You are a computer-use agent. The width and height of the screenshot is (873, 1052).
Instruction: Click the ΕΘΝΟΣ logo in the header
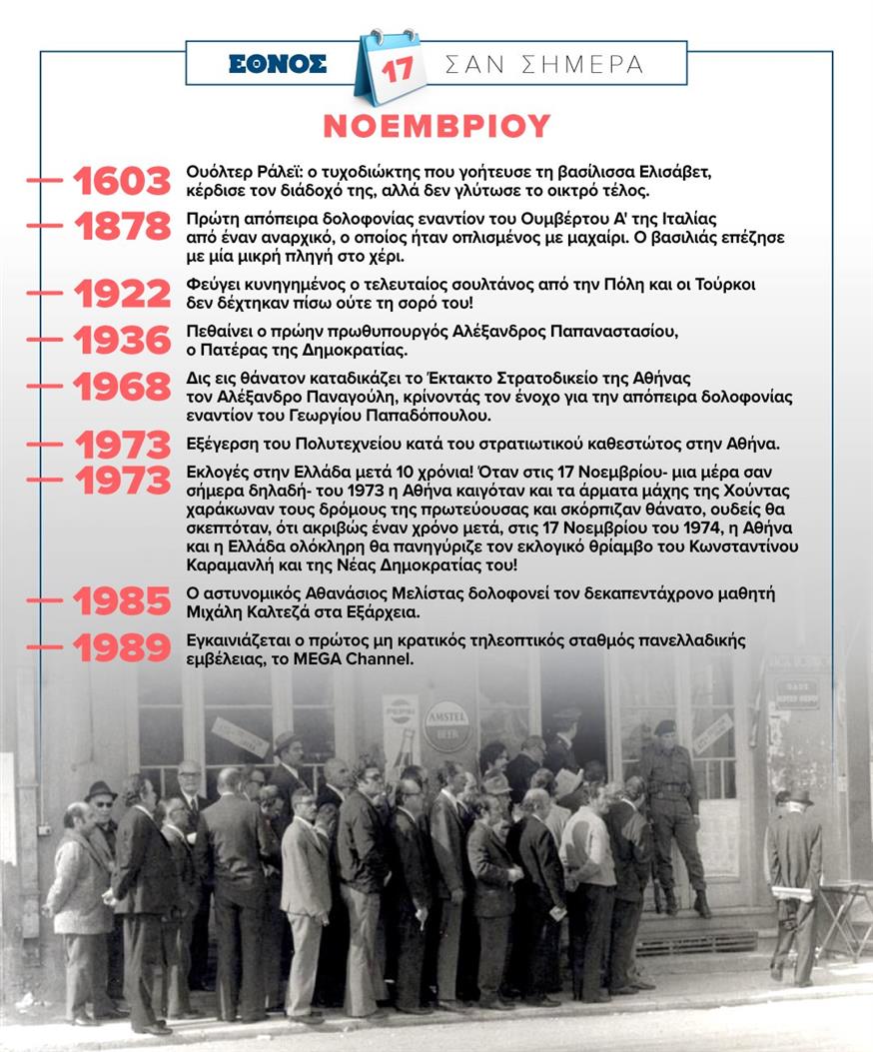coord(278,64)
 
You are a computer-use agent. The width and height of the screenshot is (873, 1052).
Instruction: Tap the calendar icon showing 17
coord(391,67)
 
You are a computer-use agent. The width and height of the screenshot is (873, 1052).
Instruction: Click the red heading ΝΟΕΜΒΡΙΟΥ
coord(436,126)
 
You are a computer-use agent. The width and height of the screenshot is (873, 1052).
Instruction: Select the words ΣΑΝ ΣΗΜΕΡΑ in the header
coord(544,65)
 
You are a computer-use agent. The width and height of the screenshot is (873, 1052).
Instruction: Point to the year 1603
coord(122,182)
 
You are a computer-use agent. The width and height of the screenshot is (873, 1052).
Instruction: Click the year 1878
coord(122,227)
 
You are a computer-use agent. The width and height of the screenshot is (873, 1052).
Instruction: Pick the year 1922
coord(122,294)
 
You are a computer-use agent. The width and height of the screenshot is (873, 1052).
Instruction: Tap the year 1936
coord(122,341)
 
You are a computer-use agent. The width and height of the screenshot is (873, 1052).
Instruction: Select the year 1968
coord(122,387)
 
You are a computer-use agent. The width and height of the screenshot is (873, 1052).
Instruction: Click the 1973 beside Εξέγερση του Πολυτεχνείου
coord(122,444)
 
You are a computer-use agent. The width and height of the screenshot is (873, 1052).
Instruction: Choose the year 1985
coord(122,601)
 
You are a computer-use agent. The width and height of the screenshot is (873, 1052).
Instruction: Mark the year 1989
coord(122,647)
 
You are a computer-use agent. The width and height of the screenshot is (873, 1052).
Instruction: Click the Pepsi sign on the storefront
coord(401,711)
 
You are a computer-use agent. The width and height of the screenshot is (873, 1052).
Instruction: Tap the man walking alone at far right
coord(794,879)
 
